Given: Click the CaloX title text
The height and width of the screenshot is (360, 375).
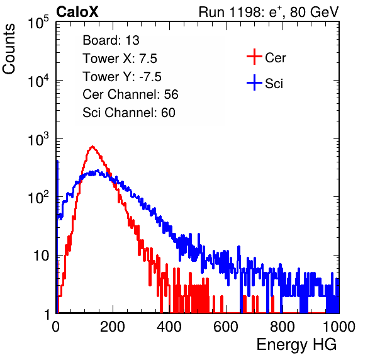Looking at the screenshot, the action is click(x=77, y=12).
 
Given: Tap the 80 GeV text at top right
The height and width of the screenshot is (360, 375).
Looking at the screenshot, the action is click(x=314, y=12).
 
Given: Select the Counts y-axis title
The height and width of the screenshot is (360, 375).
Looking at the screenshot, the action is click(x=9, y=49).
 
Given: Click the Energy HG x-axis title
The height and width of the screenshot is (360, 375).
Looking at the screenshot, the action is click(x=296, y=345).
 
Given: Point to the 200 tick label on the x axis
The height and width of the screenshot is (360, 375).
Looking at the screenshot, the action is click(x=113, y=327).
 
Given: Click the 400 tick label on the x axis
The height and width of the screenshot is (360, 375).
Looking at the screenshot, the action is click(x=169, y=327).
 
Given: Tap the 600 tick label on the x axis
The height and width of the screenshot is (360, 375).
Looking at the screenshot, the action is click(x=226, y=327).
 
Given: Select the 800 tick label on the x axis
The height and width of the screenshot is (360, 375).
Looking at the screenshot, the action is click(x=283, y=327).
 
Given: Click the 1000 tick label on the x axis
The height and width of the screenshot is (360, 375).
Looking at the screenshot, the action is click(x=339, y=327).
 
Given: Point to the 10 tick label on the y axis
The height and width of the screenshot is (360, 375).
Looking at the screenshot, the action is click(x=42, y=256).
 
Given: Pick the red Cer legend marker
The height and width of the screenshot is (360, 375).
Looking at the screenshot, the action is click(x=254, y=57).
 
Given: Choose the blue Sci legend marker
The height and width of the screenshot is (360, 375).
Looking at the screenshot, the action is click(x=254, y=82).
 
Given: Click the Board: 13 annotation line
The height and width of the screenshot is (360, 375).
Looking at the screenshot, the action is click(x=111, y=40).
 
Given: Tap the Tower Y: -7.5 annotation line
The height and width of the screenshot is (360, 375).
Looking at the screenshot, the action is click(x=122, y=77).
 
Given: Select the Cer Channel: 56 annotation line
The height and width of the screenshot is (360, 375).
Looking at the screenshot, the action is click(x=130, y=94).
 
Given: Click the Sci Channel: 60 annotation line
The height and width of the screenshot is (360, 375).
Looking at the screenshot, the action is click(x=129, y=113).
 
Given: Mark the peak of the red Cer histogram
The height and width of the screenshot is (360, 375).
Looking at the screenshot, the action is click(x=92, y=147).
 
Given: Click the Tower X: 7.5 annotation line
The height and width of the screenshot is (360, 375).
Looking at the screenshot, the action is click(x=120, y=59).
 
